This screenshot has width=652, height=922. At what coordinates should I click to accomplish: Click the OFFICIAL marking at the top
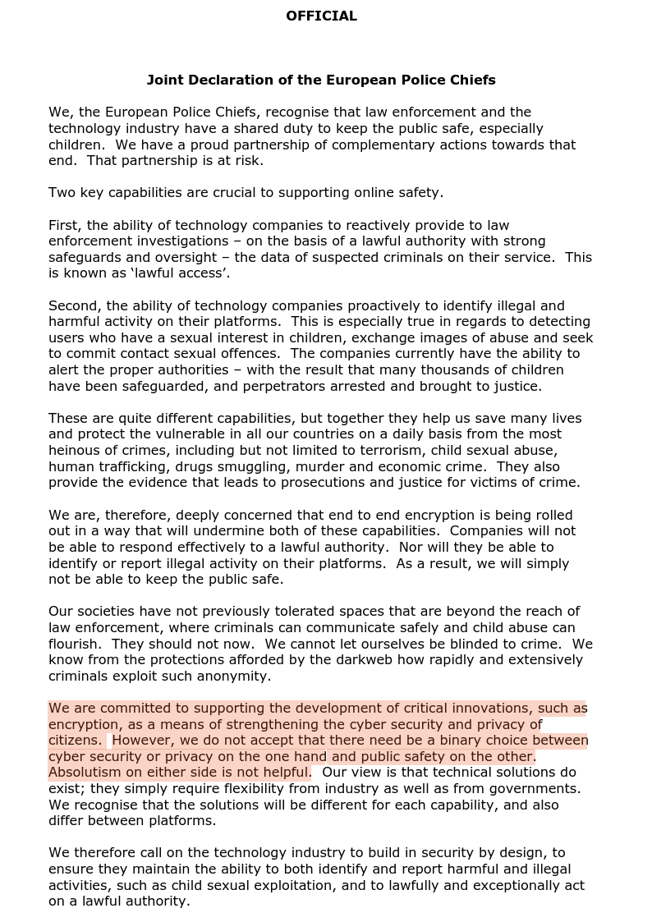coord(321,16)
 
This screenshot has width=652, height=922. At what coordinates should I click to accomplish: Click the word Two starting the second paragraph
coord(62,193)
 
